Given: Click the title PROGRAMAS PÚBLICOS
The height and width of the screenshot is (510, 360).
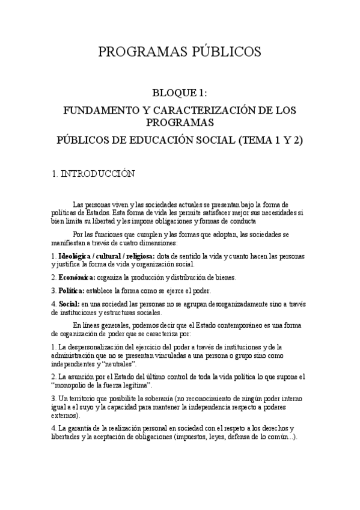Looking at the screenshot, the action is (180, 52).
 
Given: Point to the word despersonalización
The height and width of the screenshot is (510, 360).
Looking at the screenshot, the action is (95, 348).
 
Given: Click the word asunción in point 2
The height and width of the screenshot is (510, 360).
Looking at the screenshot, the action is (79, 377).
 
